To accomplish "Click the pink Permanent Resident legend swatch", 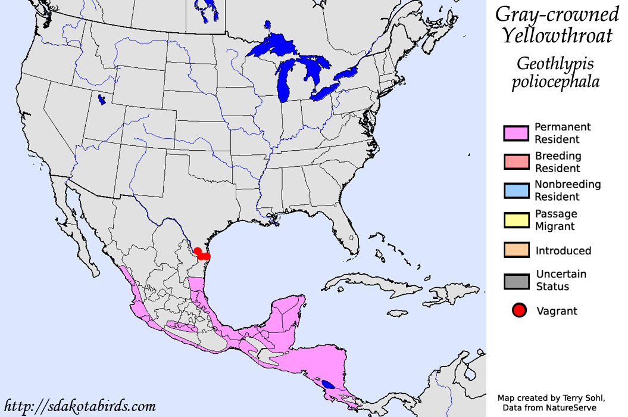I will tap(516, 133).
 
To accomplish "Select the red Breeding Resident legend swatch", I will tap(516, 162).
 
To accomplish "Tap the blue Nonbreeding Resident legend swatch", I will tap(516, 191).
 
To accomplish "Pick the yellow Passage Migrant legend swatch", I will tap(516, 220).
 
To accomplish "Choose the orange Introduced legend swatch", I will tap(516, 250).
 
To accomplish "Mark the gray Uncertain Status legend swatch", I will tap(516, 281).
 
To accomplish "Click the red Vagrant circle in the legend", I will tap(519, 310).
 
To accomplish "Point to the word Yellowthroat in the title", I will tap(557, 36).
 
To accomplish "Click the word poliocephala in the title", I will tap(555, 82).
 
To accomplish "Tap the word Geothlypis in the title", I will tap(555, 63).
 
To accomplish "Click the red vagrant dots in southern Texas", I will tap(202, 254).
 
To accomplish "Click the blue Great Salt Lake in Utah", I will tap(101, 99).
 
